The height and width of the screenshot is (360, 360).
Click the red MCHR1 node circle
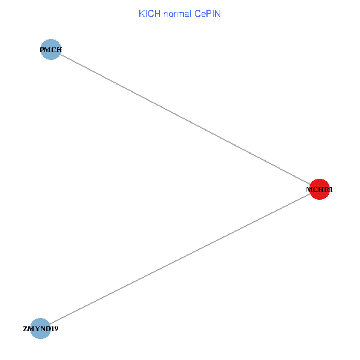(x=320, y=189)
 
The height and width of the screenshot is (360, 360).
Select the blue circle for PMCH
(x=51, y=50)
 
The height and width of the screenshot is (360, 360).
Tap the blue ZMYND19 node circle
(x=40, y=328)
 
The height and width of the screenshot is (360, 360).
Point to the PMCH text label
(x=51, y=50)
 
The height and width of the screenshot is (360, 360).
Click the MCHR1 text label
(x=320, y=190)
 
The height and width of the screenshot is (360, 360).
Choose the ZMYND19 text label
(x=40, y=329)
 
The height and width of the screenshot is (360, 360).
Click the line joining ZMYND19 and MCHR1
(x=180, y=259)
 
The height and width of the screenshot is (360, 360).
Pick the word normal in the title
(x=177, y=14)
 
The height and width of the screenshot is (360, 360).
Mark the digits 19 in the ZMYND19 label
(x=55, y=329)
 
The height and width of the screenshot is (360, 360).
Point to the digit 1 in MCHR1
(x=330, y=190)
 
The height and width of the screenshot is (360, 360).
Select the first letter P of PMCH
(x=42, y=50)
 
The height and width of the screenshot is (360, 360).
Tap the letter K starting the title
(x=142, y=14)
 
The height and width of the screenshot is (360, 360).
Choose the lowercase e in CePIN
(x=203, y=14)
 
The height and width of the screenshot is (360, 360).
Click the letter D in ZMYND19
(x=48, y=329)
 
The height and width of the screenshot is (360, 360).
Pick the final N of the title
(x=218, y=14)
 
